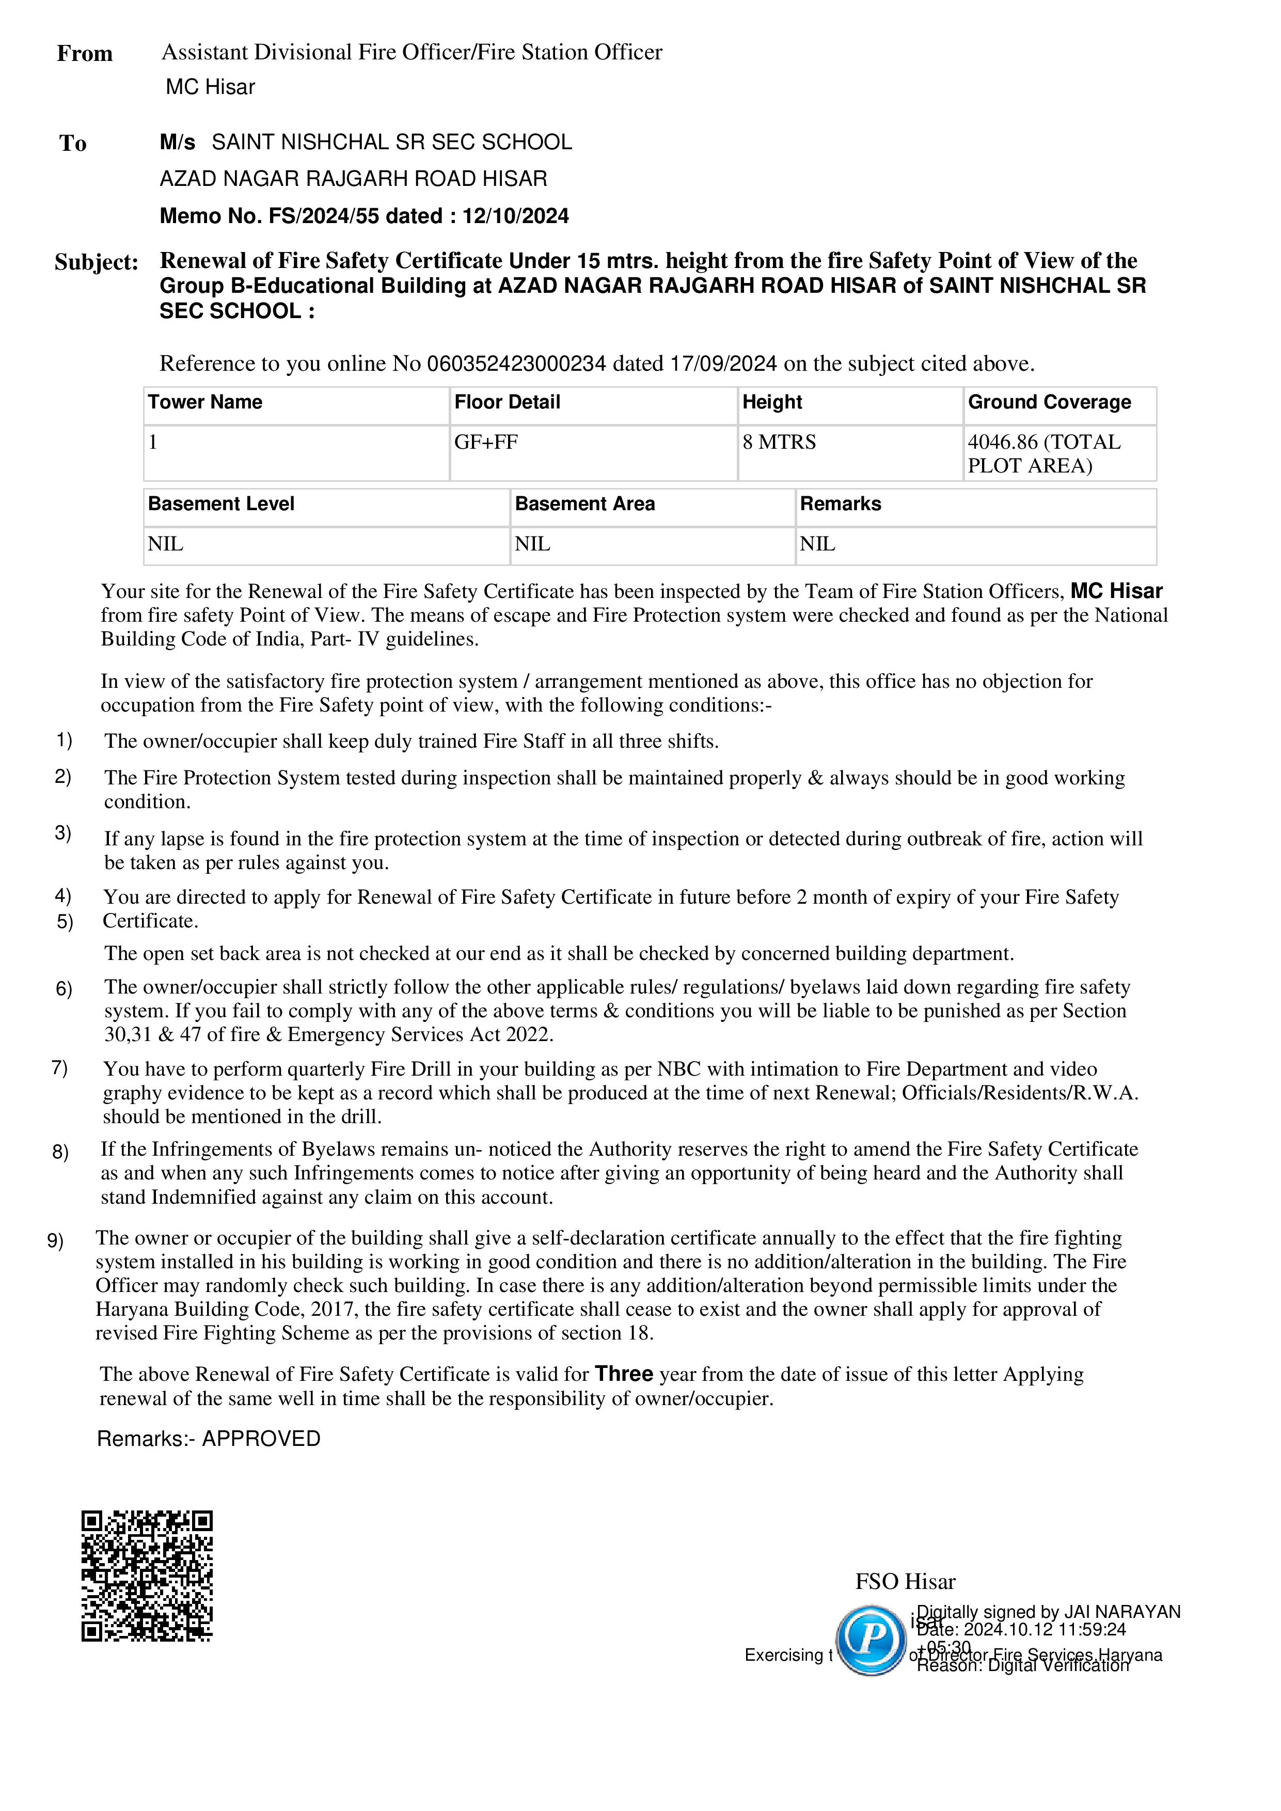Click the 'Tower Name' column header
coord(205,402)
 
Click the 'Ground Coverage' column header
coord(1049,402)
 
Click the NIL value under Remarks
coord(817,544)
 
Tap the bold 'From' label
coord(84,54)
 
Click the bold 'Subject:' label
coord(96,262)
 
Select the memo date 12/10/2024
coord(515,216)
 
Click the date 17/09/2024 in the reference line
coord(723,364)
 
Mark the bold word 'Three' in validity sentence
coord(624,1374)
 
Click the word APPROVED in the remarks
coord(261,1439)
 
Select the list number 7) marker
coord(60,1068)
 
